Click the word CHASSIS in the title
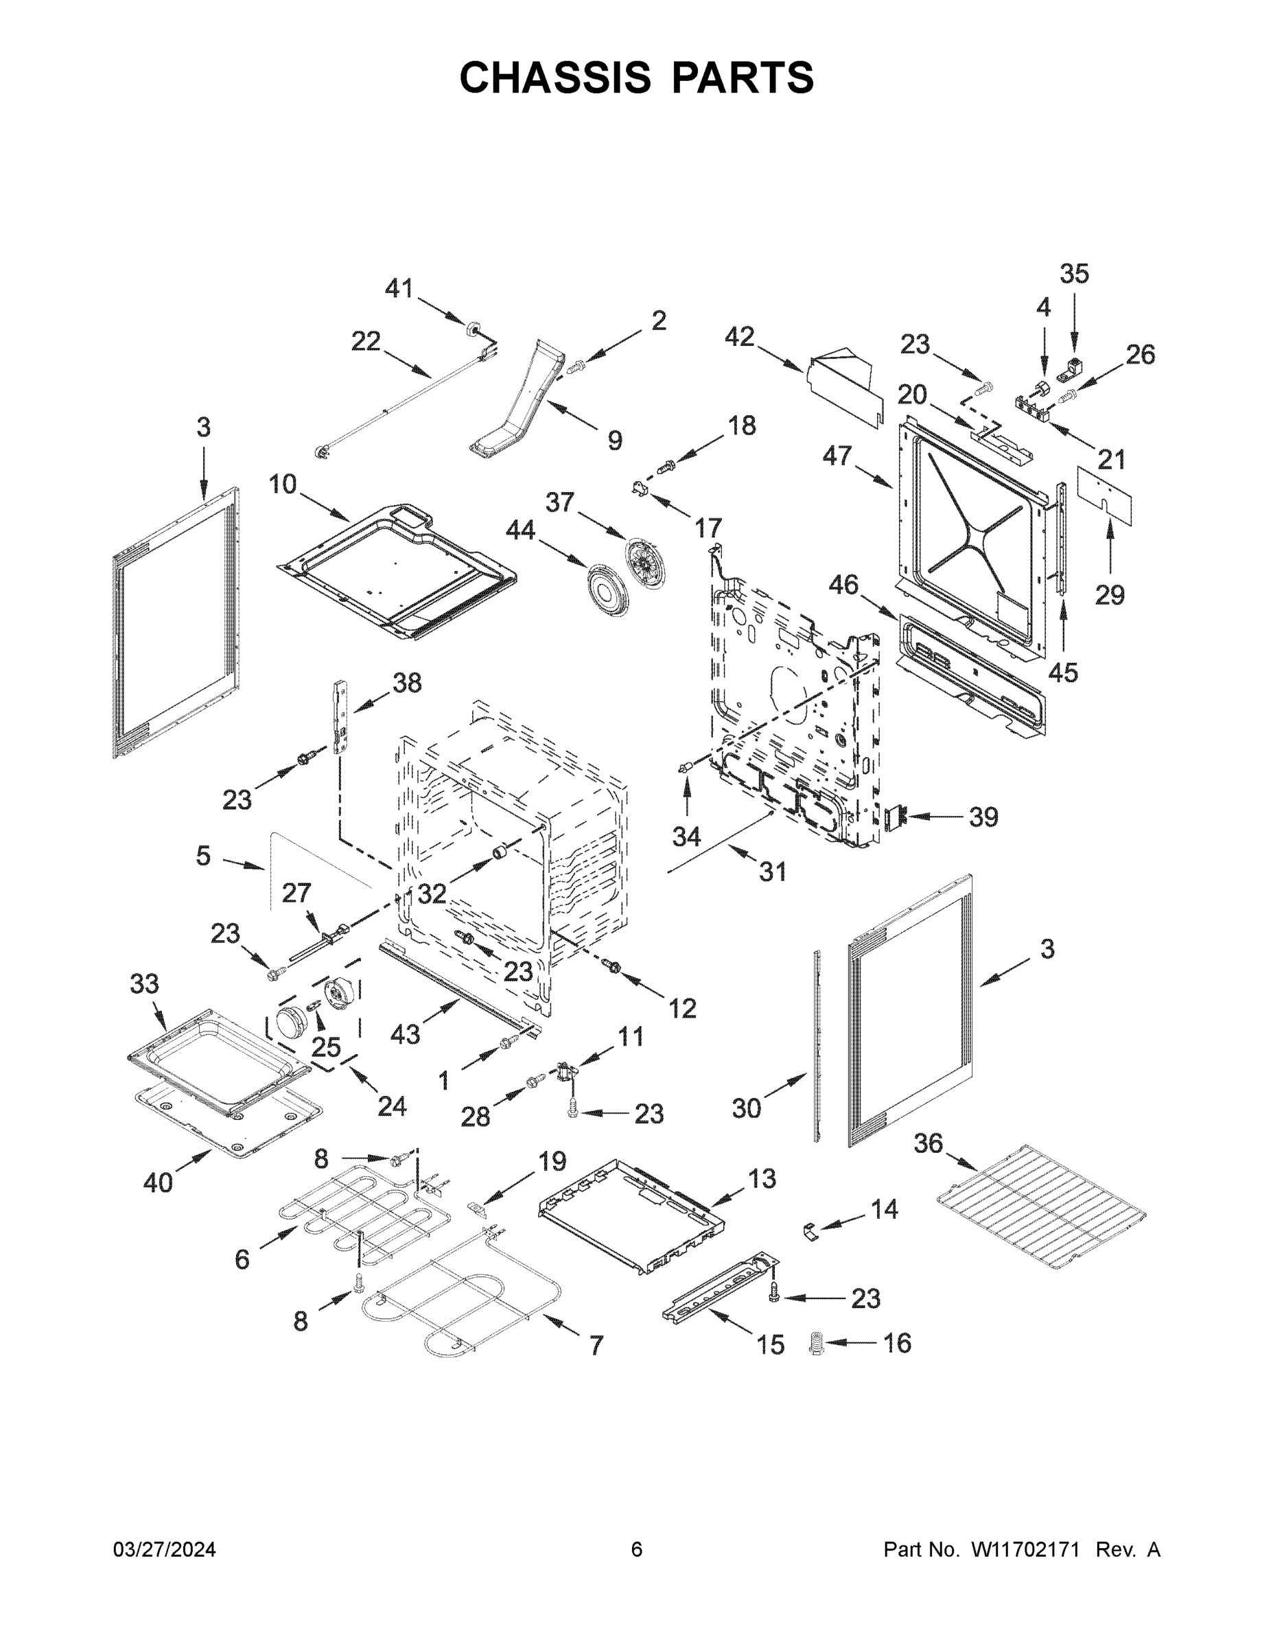coord(555,77)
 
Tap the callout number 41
coord(399,288)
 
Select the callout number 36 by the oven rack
coord(929,1143)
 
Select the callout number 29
coord(1110,595)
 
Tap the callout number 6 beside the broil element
coord(242,1259)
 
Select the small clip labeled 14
coord(810,1233)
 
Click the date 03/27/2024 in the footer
coord(165,1549)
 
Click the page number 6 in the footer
coord(637,1549)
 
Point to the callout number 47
coord(837,456)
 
